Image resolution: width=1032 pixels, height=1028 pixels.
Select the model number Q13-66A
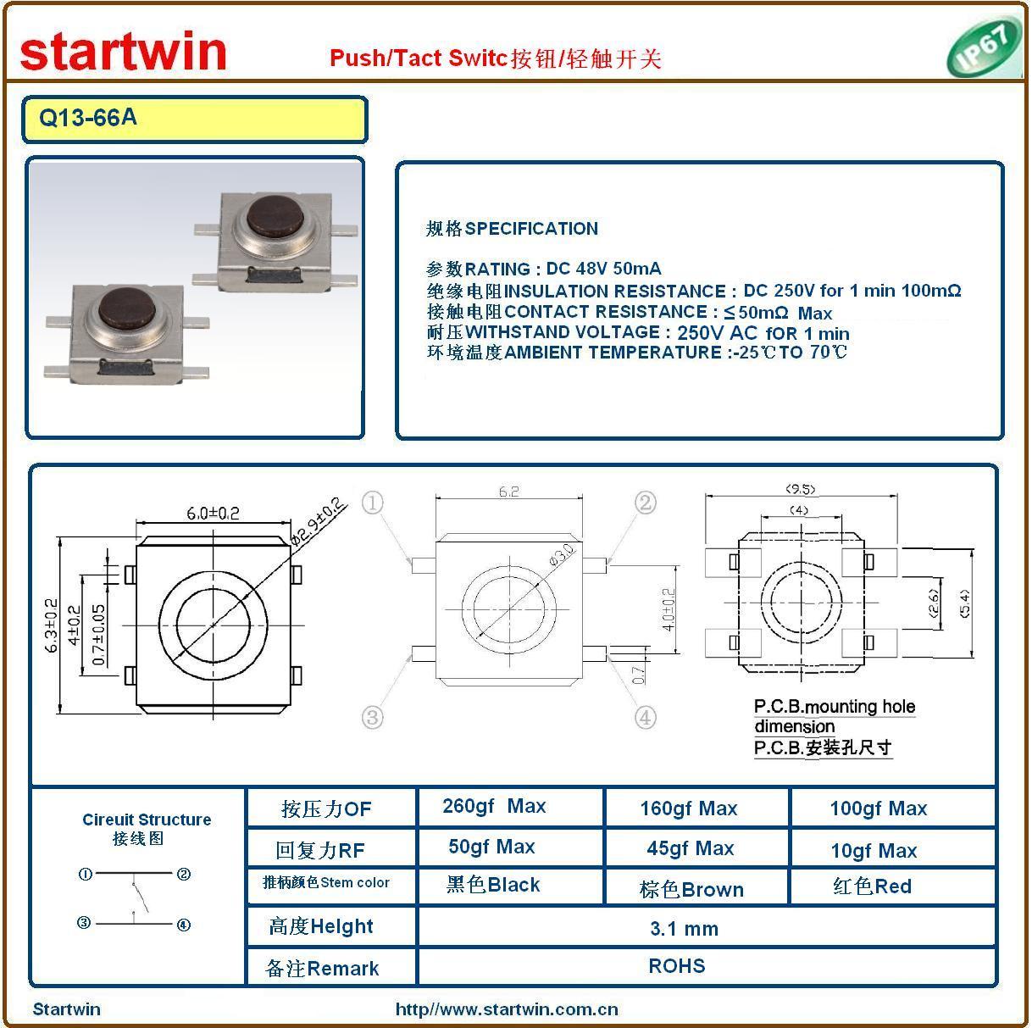click(88, 117)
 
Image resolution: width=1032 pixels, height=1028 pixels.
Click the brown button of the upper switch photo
click(275, 218)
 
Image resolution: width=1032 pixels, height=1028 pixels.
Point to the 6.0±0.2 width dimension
click(213, 514)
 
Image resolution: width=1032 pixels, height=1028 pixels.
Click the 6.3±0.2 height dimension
click(51, 625)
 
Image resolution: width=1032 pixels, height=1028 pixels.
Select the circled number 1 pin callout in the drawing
click(373, 503)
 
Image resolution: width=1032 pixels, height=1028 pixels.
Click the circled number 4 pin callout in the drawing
click(645, 717)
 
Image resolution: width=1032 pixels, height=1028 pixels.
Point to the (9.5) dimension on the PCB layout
click(800, 488)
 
